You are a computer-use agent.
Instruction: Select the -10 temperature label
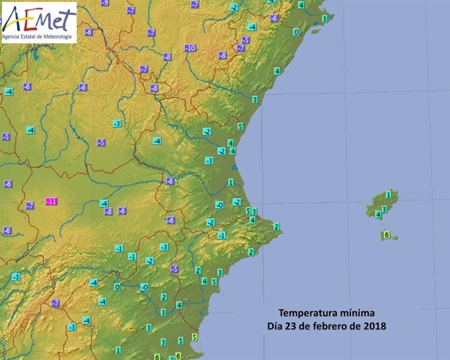pos(190,48)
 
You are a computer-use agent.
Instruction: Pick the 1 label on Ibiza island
pos(389,194)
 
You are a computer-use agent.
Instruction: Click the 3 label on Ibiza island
pos(384,209)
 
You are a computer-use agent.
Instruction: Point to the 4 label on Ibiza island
pos(378,214)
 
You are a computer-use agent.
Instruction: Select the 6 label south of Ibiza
pos(385,235)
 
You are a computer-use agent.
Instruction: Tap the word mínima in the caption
pos(357,313)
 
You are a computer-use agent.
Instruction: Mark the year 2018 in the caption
pos(375,325)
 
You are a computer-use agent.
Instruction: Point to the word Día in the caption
pos(275,325)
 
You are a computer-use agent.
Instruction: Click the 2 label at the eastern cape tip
pos(277,227)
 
